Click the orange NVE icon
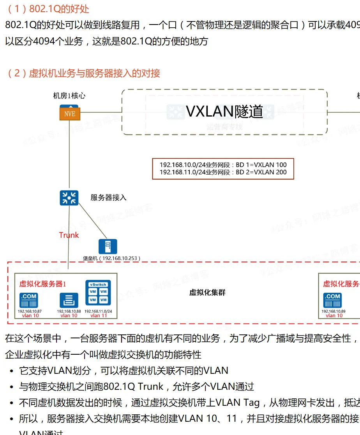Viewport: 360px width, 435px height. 70,113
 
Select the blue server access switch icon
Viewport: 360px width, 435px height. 69,198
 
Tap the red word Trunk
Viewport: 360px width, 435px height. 69,235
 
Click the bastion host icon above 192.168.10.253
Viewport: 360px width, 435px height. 108,247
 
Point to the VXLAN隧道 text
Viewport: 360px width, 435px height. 224,111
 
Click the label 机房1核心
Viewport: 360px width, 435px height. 69,96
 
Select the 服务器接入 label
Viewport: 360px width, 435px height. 108,198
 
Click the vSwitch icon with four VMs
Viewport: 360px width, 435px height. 98,293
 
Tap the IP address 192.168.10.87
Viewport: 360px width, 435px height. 30,311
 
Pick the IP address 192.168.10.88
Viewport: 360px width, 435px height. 69,311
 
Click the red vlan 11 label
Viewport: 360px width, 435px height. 99,316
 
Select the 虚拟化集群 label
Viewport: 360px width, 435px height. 207,293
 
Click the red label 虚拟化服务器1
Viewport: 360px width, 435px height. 42,284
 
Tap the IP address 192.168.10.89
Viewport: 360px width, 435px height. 334,311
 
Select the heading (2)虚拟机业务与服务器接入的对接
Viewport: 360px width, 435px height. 83,73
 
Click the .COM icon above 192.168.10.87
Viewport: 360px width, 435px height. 29,300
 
